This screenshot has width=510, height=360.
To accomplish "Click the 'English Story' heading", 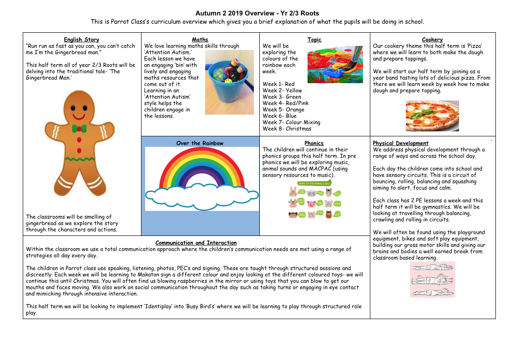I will pos(81,40).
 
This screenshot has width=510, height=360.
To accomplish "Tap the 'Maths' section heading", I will pos(200,40).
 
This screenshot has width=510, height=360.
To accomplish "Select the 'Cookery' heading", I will pos(432,40).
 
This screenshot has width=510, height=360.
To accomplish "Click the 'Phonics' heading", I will pos(314,143).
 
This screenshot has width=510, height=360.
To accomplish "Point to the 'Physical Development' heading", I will pos(400,143).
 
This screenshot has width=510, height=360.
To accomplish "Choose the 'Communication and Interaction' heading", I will pos(196,243).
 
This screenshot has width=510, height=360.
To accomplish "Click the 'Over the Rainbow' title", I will pos(200,143).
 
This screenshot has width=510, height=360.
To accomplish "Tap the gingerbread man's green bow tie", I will pos(79,129).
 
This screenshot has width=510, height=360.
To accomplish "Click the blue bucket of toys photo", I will pos(229,82).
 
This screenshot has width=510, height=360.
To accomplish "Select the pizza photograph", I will pos(432,115).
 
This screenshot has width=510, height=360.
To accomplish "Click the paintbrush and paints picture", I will pos(335,64).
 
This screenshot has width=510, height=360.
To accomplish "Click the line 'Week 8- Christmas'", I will pos(287,129).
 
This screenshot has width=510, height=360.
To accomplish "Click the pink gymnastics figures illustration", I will pos(432,280).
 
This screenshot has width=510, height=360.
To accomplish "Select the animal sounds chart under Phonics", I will pos(314,200).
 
